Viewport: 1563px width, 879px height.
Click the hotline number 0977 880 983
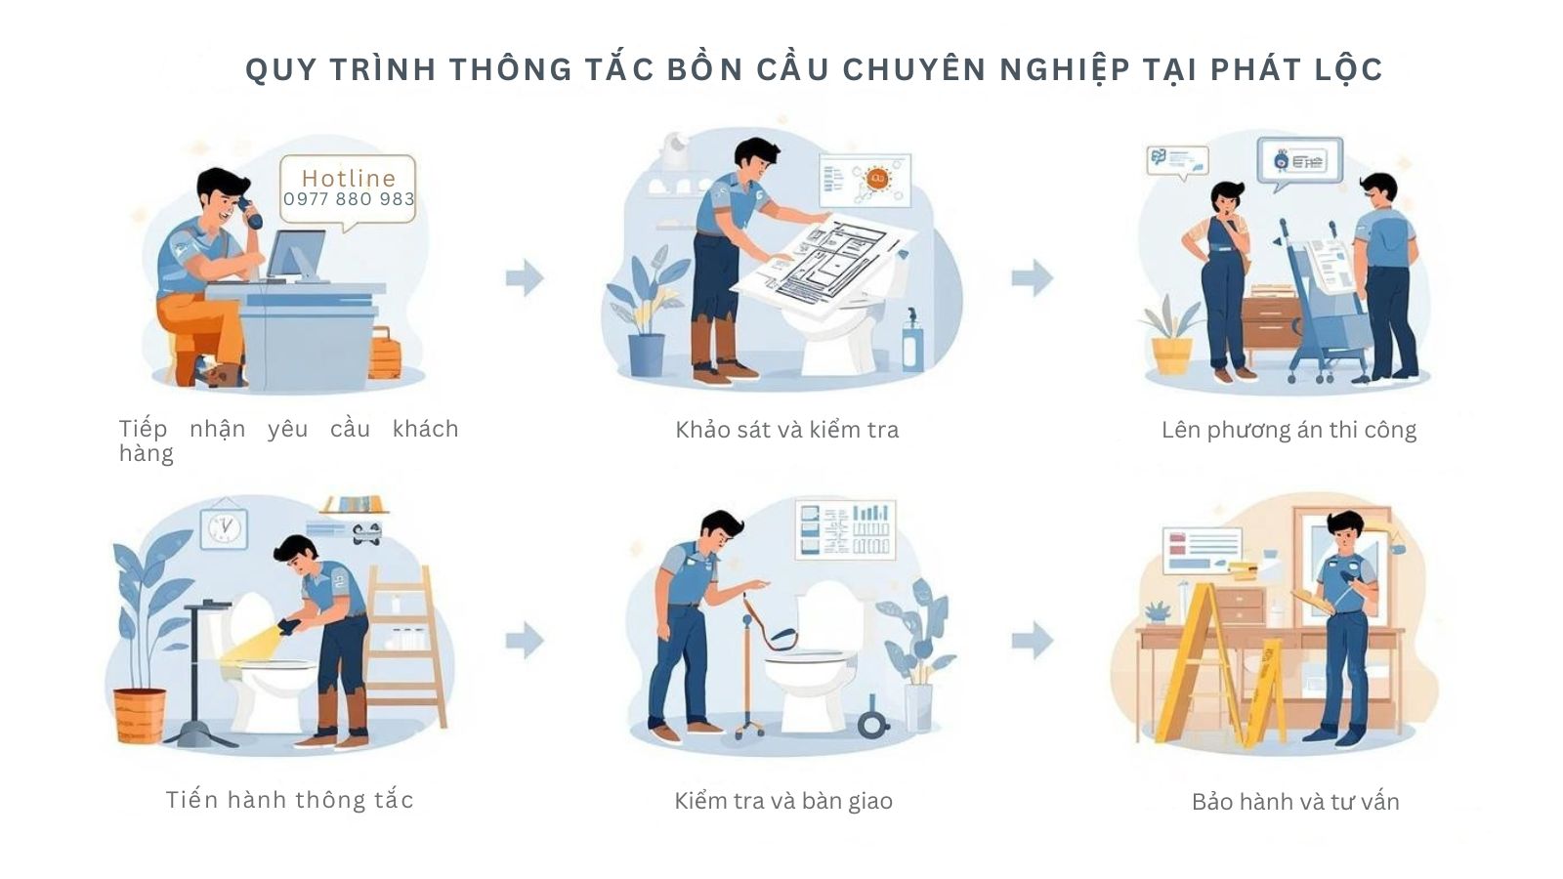349,199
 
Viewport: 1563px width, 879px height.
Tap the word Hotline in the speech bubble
349,178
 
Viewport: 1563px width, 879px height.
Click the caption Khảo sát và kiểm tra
786,430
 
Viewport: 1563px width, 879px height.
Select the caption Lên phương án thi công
1288,430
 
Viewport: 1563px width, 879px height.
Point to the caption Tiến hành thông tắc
290,800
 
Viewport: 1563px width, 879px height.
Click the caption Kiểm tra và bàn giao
783,801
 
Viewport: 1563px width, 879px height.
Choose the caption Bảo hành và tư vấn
1295,802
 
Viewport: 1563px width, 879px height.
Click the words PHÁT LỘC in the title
1296,69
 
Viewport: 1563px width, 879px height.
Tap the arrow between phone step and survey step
525,277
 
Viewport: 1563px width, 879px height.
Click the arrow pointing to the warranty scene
1033,641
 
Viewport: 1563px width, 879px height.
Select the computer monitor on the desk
296,255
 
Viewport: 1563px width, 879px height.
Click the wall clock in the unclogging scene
225,527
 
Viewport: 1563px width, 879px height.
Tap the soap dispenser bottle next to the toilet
912,342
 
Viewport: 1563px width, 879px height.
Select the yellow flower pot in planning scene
1171,355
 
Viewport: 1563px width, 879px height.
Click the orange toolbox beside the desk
385,357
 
